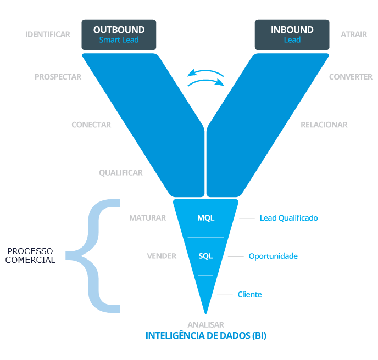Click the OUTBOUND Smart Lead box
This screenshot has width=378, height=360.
[x=119, y=34]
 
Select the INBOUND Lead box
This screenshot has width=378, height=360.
[x=292, y=34]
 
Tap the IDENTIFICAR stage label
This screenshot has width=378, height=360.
[x=48, y=35]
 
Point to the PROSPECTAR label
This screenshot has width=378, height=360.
[x=58, y=77]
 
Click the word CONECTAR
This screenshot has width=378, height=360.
[x=91, y=125]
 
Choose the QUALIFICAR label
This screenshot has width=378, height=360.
[x=121, y=173]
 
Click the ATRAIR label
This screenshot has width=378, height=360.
[x=354, y=35]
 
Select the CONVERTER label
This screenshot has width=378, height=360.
[x=351, y=77]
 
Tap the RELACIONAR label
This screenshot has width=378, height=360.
[x=324, y=125]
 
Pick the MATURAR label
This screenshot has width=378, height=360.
[x=147, y=218]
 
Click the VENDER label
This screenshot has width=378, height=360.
[x=162, y=256]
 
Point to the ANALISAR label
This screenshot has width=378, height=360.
[x=205, y=324]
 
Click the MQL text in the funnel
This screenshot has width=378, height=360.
[x=205, y=218]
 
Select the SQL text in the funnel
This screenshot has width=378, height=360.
[x=205, y=256]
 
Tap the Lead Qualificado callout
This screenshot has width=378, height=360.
[x=288, y=218]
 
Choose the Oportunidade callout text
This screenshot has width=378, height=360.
[x=273, y=256]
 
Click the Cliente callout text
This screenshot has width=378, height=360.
[x=249, y=295]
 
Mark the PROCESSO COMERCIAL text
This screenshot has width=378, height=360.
[x=31, y=255]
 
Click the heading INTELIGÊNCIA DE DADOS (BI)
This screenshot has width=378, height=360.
[x=205, y=335]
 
